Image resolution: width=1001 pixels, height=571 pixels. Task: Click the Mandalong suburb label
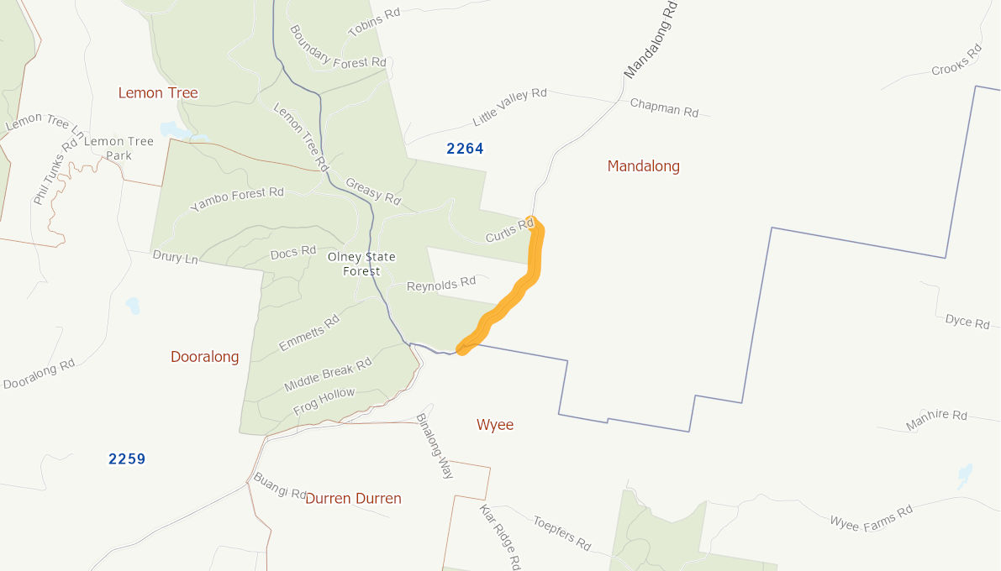coord(643,166)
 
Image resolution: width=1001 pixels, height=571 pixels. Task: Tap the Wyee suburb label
coord(495,425)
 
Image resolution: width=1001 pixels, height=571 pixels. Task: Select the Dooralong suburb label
coord(204,357)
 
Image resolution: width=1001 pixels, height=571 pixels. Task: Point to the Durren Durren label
coord(353,499)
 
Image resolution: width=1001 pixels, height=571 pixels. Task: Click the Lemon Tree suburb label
coord(158,92)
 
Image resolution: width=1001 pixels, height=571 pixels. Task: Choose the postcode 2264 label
coord(465,149)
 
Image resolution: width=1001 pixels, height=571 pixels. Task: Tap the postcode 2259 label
coord(127,459)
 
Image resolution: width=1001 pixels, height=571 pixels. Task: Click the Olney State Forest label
coord(361,264)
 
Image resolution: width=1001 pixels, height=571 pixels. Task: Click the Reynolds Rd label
coord(441,284)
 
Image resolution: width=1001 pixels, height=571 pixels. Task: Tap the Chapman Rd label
coord(664,107)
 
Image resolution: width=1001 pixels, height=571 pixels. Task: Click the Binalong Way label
coord(435,446)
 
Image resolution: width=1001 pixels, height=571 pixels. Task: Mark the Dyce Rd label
coord(967,321)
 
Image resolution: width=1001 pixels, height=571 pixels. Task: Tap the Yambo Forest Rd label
coord(237,199)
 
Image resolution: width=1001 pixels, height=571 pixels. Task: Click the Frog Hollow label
coord(324,401)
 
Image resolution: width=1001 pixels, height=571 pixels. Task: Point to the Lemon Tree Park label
coord(119,148)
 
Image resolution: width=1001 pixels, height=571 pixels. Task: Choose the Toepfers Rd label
coord(561,533)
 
